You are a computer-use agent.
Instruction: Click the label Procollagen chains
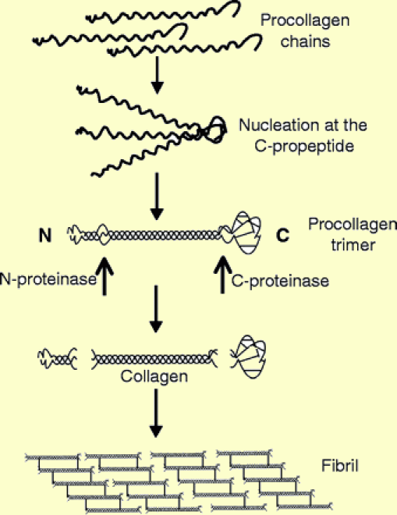pyautogui.click(x=305, y=31)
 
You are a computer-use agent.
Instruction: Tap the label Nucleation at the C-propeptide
pyautogui.click(x=303, y=136)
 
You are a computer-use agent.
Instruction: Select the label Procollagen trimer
pyautogui.click(x=353, y=235)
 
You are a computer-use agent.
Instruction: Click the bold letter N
pyautogui.click(x=45, y=235)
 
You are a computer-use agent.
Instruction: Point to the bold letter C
pyautogui.click(x=282, y=235)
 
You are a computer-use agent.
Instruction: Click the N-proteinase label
pyautogui.click(x=48, y=279)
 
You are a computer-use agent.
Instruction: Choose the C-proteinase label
pyautogui.click(x=280, y=281)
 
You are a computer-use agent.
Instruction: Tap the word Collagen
pyautogui.click(x=154, y=376)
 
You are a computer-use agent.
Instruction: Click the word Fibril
pyautogui.click(x=339, y=466)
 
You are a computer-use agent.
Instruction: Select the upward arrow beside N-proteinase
pyautogui.click(x=105, y=276)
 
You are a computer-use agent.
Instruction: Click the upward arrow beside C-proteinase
pyautogui.click(x=222, y=274)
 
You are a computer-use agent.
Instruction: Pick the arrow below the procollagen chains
pyautogui.click(x=157, y=75)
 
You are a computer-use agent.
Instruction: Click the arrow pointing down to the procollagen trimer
pyautogui.click(x=157, y=197)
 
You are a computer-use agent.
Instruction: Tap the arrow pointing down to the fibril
pyautogui.click(x=156, y=414)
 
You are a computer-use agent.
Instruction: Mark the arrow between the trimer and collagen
pyautogui.click(x=156, y=309)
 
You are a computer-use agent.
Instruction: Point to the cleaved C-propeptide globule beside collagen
pyautogui.click(x=249, y=357)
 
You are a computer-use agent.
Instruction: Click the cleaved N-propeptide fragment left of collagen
pyautogui.click(x=57, y=359)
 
